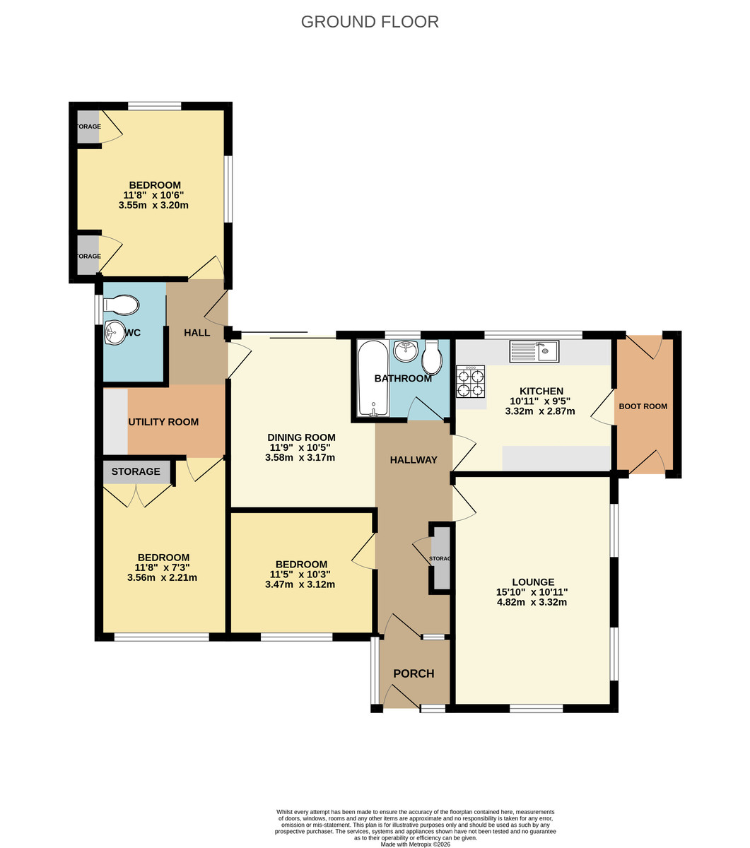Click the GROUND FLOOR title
[x=370, y=22]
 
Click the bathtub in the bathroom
[x=373, y=379]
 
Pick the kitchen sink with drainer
[x=534, y=351]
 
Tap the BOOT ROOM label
[x=643, y=406]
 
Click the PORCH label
[x=414, y=673]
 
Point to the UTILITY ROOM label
[x=163, y=422]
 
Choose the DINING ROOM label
[x=300, y=437]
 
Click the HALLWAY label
[x=414, y=460]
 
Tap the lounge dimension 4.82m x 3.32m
[x=532, y=603]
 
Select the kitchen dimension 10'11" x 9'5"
[x=541, y=401]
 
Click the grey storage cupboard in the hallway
[x=441, y=558]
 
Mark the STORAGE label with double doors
[x=136, y=471]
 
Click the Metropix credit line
[x=415, y=844]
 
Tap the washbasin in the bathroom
[x=405, y=350]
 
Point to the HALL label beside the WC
[x=197, y=332]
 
